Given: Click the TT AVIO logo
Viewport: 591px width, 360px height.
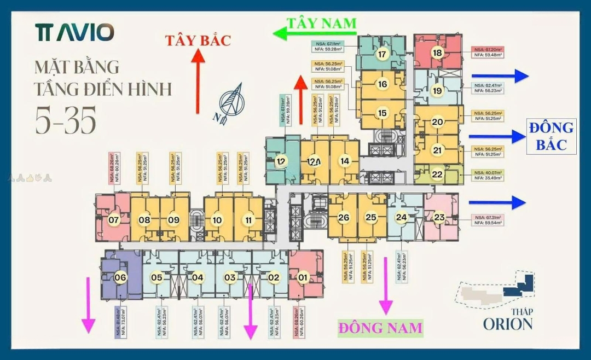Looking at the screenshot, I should [74, 32].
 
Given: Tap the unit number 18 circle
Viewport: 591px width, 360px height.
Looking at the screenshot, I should [437, 53].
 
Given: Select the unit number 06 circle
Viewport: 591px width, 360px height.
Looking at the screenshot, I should [120, 277].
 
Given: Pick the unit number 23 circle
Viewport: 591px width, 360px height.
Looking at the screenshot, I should [439, 217].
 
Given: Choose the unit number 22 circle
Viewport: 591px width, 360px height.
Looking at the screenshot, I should [437, 175].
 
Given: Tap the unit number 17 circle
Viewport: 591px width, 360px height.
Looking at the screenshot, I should [382, 54].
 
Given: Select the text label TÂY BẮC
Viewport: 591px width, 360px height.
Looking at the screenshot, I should [199, 40].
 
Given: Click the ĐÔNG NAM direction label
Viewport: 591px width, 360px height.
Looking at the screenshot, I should [380, 328].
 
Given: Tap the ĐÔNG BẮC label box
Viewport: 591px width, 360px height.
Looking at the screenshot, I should [551, 136].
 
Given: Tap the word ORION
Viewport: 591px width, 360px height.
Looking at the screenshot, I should [507, 323].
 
